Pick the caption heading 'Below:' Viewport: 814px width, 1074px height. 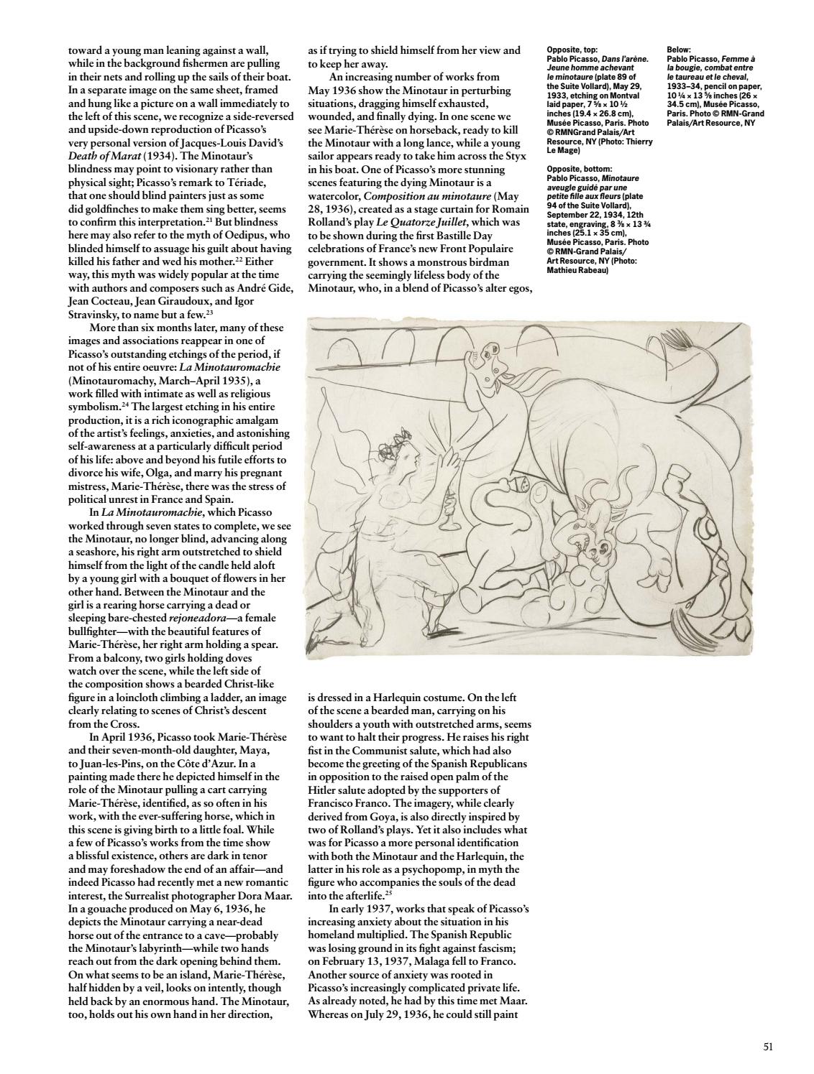(x=680, y=50)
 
